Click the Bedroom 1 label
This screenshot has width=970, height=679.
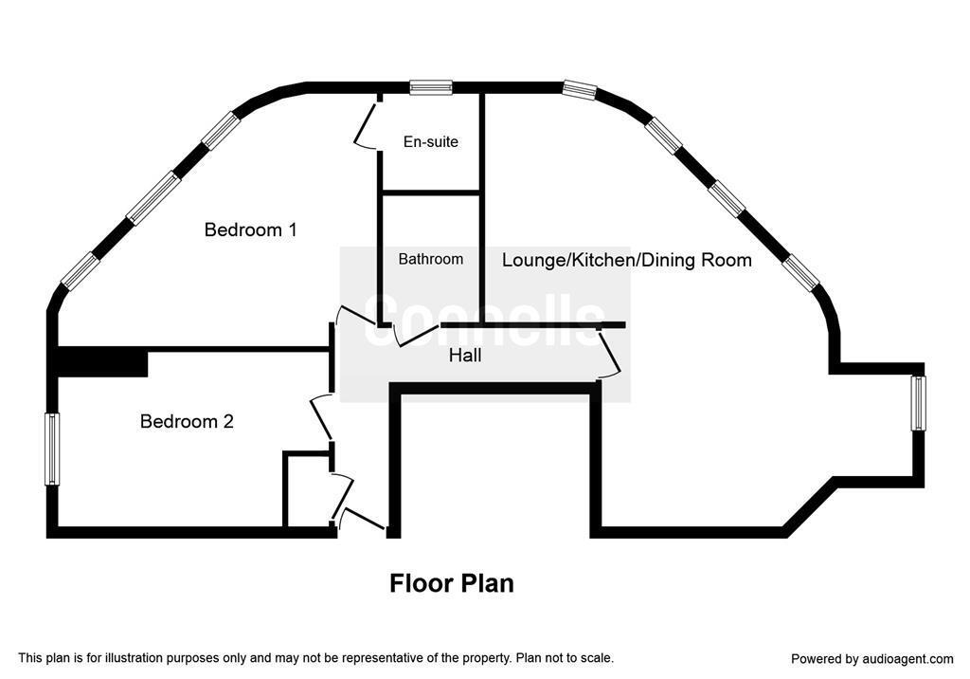click(250, 229)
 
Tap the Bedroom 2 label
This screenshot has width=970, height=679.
click(187, 421)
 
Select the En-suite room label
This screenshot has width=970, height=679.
click(431, 142)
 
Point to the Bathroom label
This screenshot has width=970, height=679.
click(431, 259)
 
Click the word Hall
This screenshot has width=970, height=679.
click(465, 356)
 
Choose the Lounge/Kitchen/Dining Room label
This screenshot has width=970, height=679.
click(627, 260)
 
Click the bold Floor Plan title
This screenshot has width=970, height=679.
click(452, 583)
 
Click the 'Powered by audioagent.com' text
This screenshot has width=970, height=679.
click(872, 658)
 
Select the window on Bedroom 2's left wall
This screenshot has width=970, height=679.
click(53, 450)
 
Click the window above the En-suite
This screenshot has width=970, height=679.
click(431, 87)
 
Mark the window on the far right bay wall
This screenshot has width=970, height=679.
click(919, 403)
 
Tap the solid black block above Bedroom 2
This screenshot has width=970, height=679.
click(102, 361)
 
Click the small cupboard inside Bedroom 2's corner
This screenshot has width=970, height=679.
click(308, 489)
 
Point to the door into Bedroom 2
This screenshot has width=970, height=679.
click(323, 418)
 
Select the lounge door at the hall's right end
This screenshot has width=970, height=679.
click(609, 352)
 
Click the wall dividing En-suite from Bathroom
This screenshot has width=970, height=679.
click(431, 193)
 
